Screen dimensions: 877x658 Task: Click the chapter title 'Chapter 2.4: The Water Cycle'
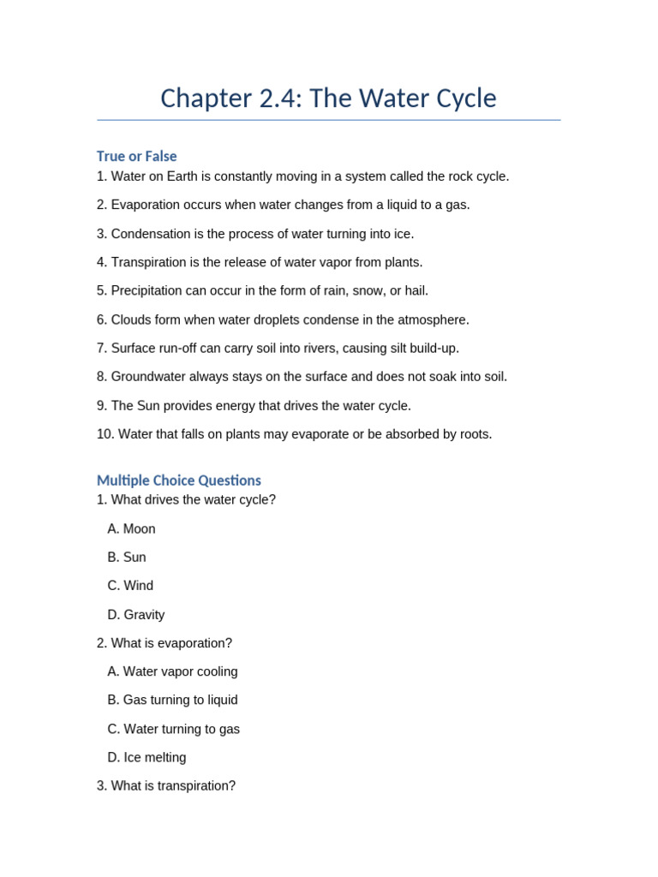tap(328, 98)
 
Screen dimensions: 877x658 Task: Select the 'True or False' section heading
tap(136, 156)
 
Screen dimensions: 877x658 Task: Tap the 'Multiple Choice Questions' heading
tap(178, 480)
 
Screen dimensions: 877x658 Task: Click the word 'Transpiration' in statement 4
tap(152, 262)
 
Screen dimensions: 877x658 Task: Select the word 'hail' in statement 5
tap(416, 291)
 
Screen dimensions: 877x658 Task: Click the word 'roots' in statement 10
tap(472, 434)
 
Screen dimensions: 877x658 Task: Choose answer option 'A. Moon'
tap(131, 529)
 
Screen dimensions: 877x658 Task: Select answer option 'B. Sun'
tap(127, 558)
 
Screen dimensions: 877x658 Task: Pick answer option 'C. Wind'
tap(130, 586)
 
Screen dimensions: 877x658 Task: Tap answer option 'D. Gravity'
tap(135, 615)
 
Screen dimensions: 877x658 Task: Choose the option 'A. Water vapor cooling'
tap(172, 671)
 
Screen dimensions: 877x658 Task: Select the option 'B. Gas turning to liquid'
tap(172, 700)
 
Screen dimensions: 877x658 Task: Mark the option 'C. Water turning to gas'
tap(173, 729)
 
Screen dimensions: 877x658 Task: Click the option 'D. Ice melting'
tap(147, 757)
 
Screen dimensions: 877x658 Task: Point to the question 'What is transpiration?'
tap(172, 785)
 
